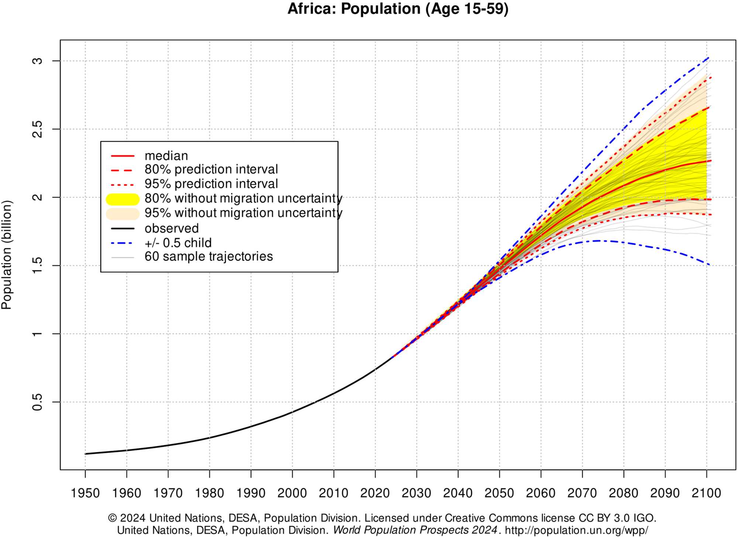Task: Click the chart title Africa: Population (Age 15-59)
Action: tap(398, 9)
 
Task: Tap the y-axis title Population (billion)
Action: tap(7, 255)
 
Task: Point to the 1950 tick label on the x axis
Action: tap(85, 493)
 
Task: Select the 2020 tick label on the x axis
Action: tap(375, 493)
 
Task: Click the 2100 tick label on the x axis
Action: tap(706, 493)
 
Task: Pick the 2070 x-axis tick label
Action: tap(582, 493)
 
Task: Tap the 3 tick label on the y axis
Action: tap(37, 61)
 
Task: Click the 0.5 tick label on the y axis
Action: tap(37, 402)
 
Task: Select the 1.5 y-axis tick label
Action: tap(37, 265)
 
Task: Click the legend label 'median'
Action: tap(166, 156)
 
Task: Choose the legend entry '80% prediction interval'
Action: tap(211, 169)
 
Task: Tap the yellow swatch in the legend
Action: tap(123, 199)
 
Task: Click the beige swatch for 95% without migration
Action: tap(123, 214)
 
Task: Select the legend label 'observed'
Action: tap(172, 228)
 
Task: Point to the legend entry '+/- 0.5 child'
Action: tap(178, 243)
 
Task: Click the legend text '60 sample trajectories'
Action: tap(208, 257)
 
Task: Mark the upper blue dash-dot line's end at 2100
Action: tap(708, 58)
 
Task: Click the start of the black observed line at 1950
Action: tap(85, 454)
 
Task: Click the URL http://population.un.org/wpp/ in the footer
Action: tap(576, 530)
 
